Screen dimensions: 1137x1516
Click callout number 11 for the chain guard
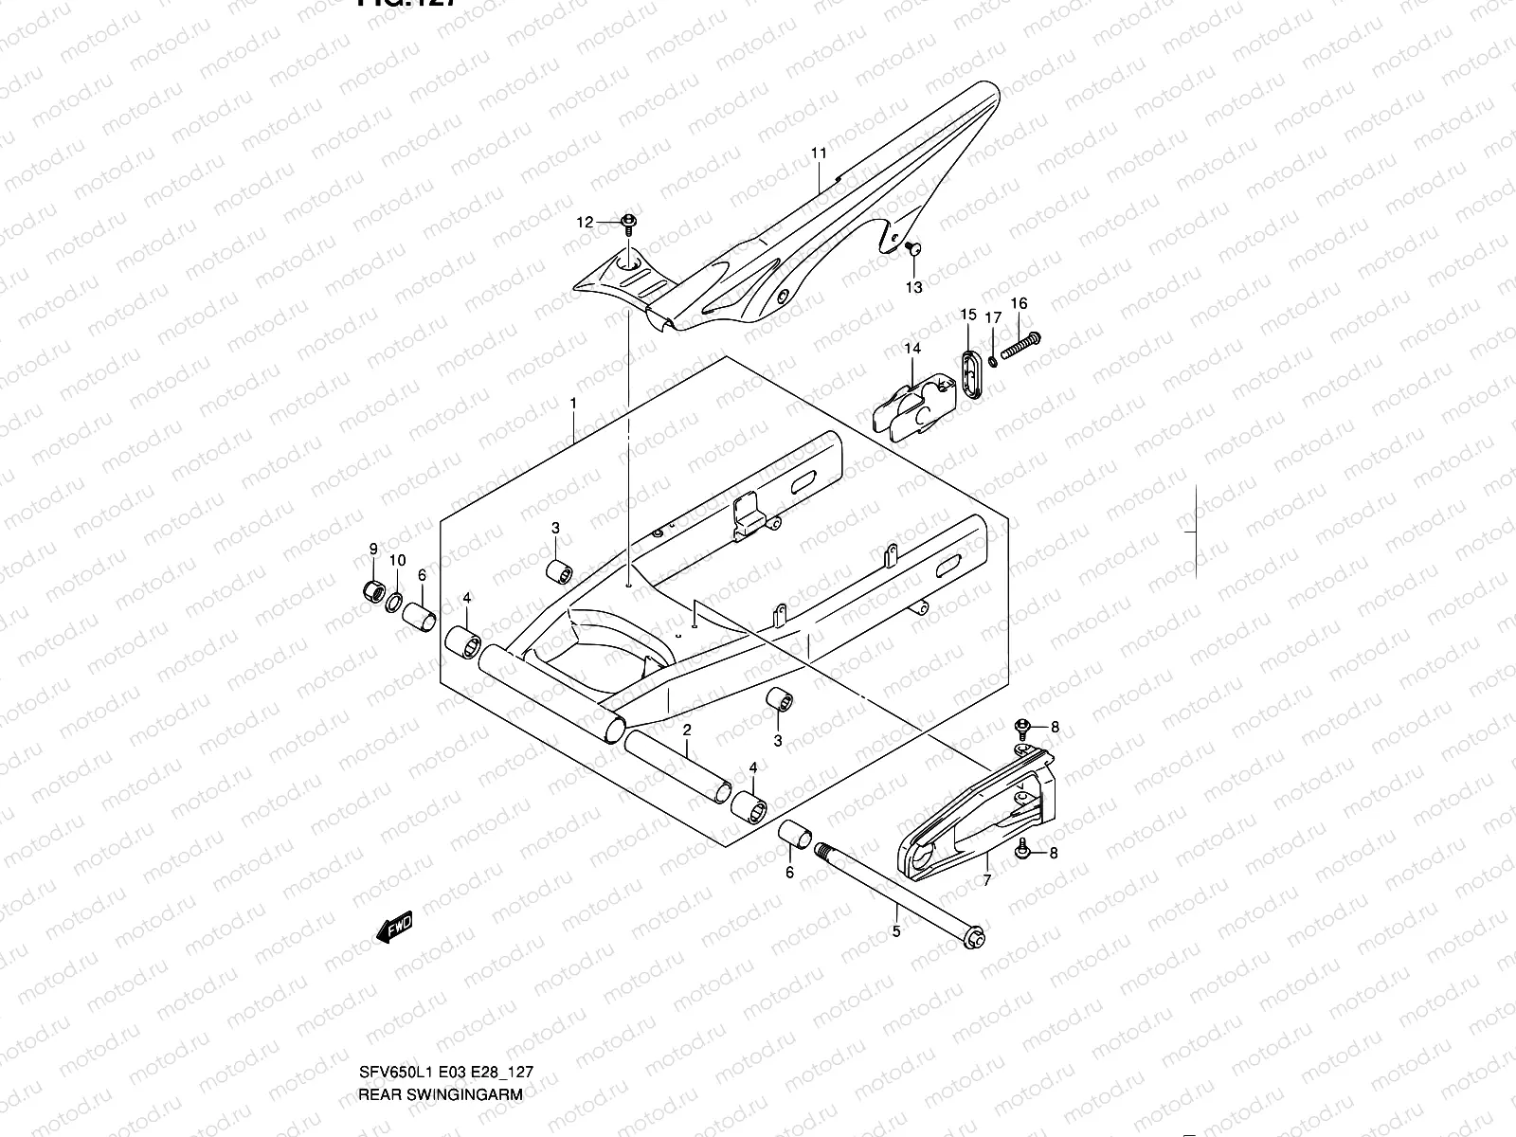819,153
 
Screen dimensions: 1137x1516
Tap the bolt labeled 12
629,224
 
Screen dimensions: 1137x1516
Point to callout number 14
911,349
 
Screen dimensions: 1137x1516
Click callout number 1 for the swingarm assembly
572,403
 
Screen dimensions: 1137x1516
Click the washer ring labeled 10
395,600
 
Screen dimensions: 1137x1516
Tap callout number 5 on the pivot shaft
896,931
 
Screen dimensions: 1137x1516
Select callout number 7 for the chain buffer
986,880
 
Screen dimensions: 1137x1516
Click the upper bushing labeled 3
559,572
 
